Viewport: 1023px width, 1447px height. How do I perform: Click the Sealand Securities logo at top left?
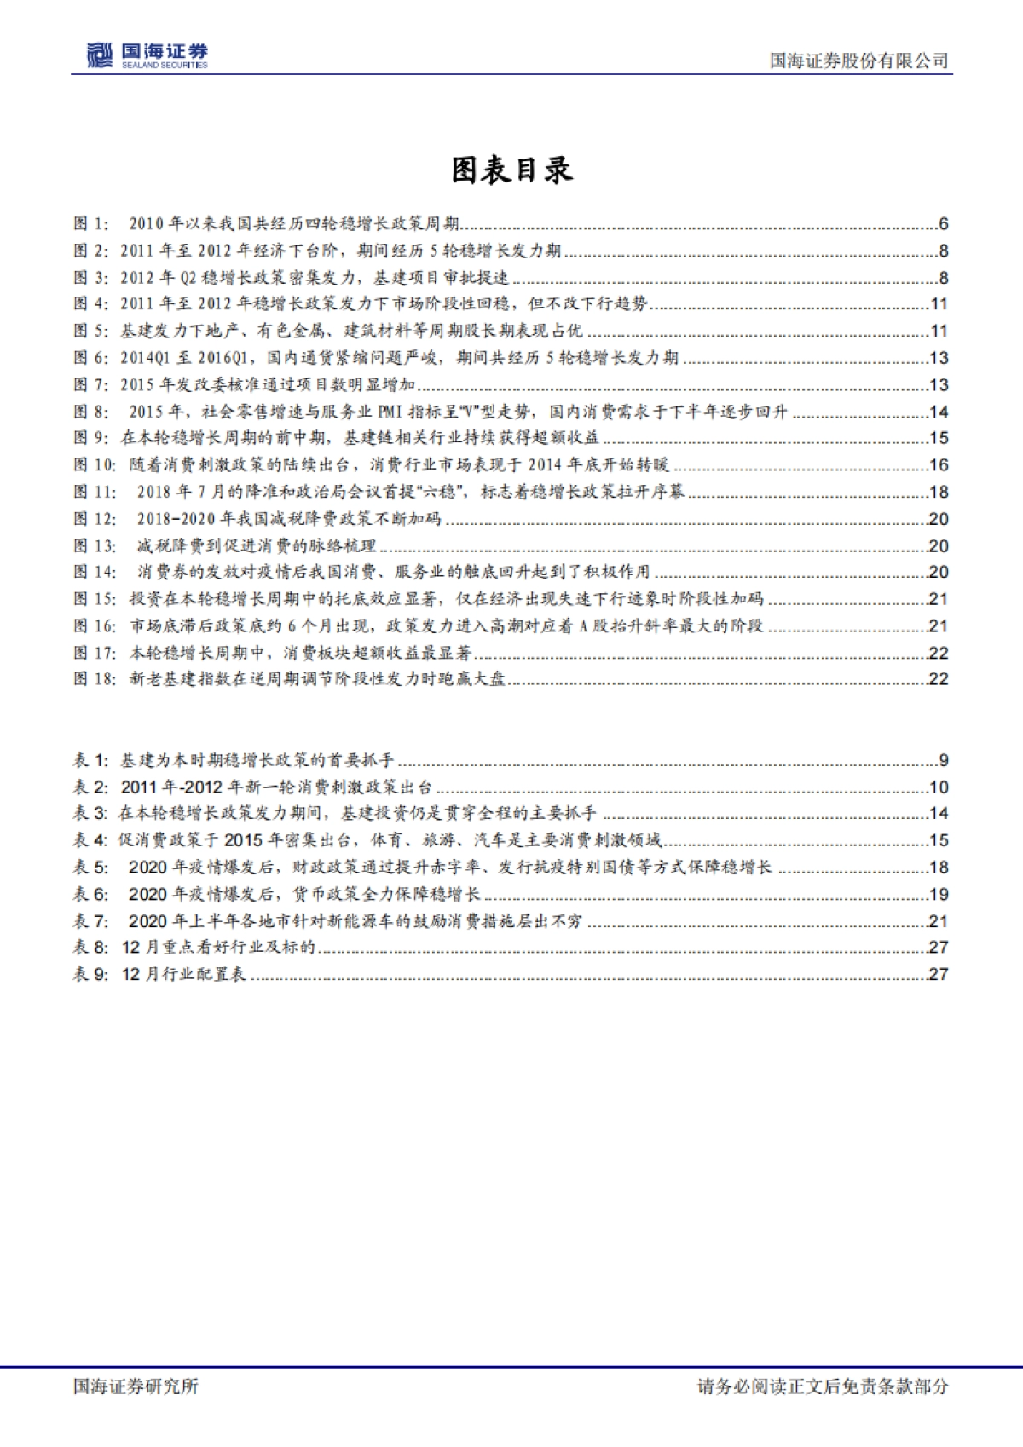click(x=147, y=55)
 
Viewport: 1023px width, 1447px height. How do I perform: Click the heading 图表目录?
click(x=511, y=170)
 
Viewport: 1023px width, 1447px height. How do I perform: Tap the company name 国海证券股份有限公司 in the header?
click(x=858, y=61)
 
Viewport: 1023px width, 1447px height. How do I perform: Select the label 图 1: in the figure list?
click(x=91, y=224)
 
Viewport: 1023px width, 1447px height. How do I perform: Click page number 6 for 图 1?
click(x=943, y=224)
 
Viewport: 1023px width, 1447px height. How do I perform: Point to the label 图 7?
click(x=91, y=385)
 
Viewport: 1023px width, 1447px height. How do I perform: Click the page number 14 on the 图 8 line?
click(x=939, y=412)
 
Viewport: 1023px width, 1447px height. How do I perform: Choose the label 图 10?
click(x=95, y=465)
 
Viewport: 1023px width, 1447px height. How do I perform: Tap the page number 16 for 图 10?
click(x=939, y=465)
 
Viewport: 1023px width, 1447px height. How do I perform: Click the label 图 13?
click(x=95, y=546)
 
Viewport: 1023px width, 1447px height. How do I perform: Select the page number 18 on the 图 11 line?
click(x=939, y=493)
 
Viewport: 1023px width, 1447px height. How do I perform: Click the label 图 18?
click(x=95, y=680)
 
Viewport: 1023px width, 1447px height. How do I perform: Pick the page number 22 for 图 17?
click(x=939, y=654)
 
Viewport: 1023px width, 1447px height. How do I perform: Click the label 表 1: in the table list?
click(x=91, y=760)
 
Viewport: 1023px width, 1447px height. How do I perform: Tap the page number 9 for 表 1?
click(x=943, y=760)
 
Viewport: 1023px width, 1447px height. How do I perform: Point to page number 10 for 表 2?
click(x=939, y=787)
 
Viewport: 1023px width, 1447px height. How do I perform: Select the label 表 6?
click(x=91, y=895)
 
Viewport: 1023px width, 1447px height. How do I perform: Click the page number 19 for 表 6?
click(x=939, y=895)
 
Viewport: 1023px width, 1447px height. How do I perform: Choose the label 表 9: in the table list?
click(x=91, y=974)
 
